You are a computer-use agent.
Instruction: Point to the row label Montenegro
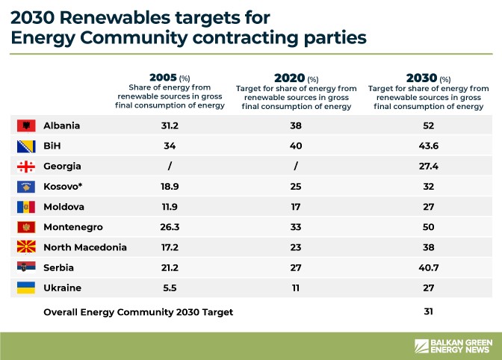(x=72, y=227)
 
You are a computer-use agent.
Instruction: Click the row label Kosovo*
(x=66, y=187)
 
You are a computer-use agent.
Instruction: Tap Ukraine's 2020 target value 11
(x=295, y=288)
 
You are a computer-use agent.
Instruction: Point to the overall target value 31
(x=428, y=311)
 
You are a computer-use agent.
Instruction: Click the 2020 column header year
(x=289, y=78)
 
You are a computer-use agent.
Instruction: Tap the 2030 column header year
(x=421, y=78)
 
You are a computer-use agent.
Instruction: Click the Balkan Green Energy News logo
(x=453, y=346)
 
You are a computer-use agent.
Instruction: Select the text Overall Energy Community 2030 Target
(x=138, y=312)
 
